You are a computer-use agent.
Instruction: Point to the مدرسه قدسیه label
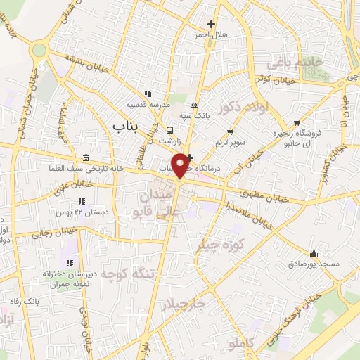(147, 105)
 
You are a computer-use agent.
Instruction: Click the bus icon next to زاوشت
(169, 130)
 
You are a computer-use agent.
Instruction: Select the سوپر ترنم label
(231, 142)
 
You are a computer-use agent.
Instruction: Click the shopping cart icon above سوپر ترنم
(230, 131)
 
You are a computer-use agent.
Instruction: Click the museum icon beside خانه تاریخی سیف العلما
(86, 157)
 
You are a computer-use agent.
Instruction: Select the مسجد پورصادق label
(314, 264)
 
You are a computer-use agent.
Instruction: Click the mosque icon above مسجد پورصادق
(314, 254)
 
